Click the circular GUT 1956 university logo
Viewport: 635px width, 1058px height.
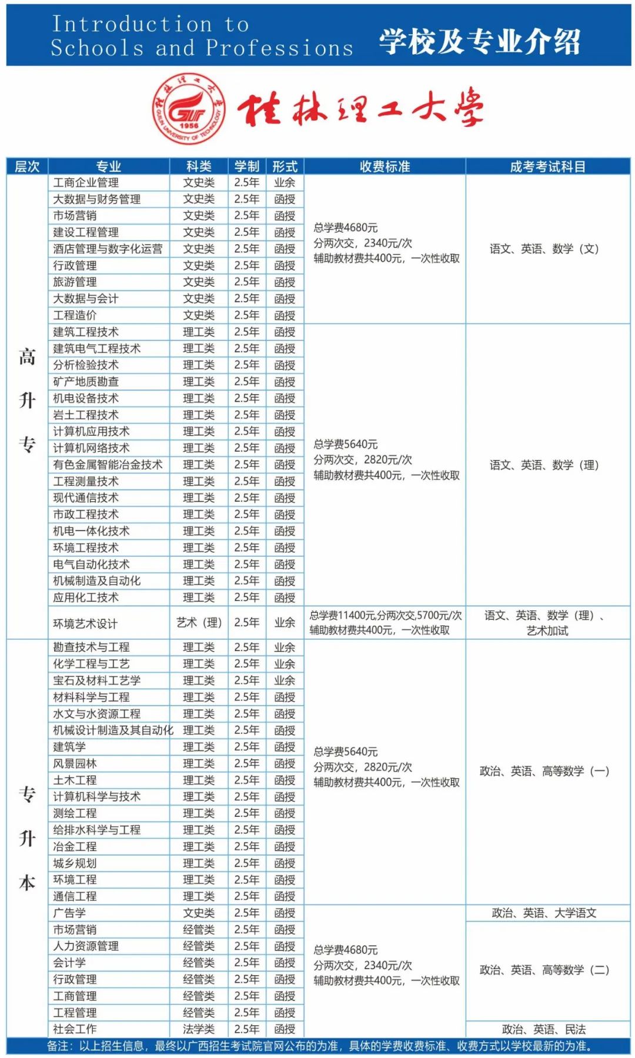[x=189, y=109]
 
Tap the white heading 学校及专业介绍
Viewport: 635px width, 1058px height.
[x=479, y=41]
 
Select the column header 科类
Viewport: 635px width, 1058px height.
[x=199, y=166]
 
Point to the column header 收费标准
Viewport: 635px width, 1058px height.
[x=385, y=166]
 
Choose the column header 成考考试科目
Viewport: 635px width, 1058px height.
[x=547, y=166]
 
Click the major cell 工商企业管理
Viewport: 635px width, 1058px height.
[x=86, y=183]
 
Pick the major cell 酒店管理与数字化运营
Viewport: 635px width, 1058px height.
[x=108, y=249]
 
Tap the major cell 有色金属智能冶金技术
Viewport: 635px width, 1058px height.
[x=108, y=465]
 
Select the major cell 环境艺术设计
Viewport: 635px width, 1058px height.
[x=85, y=623]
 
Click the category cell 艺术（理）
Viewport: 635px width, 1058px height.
[x=199, y=622]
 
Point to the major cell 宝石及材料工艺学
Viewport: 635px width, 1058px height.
[x=97, y=680]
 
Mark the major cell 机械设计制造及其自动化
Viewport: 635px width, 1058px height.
[x=113, y=730]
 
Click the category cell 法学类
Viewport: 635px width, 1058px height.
[x=199, y=1029]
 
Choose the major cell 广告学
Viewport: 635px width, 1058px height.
[x=69, y=913]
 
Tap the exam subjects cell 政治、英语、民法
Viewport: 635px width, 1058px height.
[x=544, y=1029]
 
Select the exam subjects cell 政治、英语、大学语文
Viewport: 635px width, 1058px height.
[x=544, y=913]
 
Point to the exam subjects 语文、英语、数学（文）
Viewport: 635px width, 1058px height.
[x=544, y=249]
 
